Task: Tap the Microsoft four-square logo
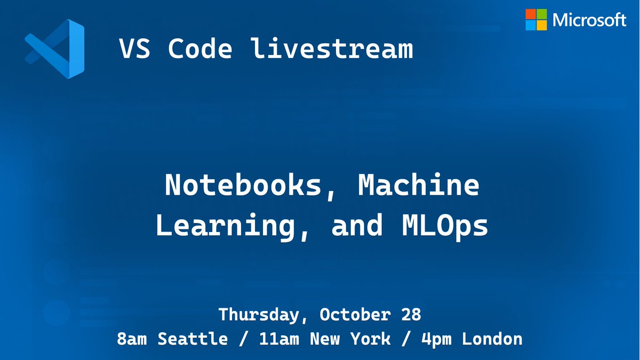(536, 20)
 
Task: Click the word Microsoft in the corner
(589, 20)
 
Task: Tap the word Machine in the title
(419, 186)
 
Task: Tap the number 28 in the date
(411, 315)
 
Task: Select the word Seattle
(190, 339)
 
